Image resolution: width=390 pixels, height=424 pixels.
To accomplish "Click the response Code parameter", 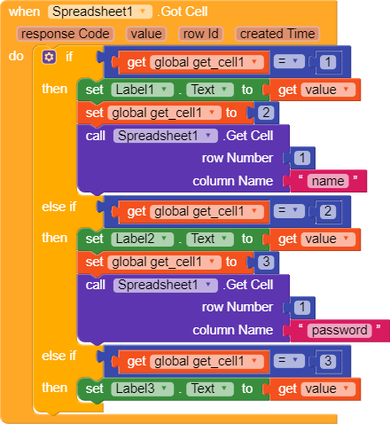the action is [x=66, y=34].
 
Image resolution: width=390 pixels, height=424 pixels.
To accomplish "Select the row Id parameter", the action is [x=201, y=34].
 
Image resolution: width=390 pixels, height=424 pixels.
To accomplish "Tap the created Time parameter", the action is [x=277, y=34].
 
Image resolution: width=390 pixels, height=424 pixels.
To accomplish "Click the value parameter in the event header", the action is [x=146, y=34].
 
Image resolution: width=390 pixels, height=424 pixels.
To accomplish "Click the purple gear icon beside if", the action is [x=49, y=57].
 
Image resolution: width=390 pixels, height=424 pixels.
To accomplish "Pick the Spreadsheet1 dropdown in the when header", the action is [x=100, y=12].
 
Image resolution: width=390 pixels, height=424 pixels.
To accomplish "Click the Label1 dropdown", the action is [x=142, y=90].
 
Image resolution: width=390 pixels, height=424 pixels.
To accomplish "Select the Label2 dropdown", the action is [x=142, y=239].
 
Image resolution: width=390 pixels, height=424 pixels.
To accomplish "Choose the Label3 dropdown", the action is [x=142, y=389].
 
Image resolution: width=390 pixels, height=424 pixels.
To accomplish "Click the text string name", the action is [x=328, y=181].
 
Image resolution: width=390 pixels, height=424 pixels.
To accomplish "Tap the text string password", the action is [x=339, y=330].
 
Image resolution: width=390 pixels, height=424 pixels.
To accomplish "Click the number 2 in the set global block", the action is [x=266, y=113].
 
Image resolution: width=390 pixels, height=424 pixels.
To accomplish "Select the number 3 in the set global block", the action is [x=266, y=262].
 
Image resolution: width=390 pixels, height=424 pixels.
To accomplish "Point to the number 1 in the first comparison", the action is [x=328, y=62].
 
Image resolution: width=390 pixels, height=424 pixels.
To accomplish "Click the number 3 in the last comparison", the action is [x=328, y=361].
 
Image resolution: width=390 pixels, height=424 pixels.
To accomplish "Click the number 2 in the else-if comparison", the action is [x=328, y=211].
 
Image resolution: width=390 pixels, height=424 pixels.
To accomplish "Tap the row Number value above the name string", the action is [x=302, y=158].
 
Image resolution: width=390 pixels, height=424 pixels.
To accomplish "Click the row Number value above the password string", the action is [x=302, y=307].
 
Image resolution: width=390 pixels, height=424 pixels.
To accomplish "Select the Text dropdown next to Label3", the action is [x=210, y=389].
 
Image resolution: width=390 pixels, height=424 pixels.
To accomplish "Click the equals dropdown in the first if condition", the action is [x=289, y=61].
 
